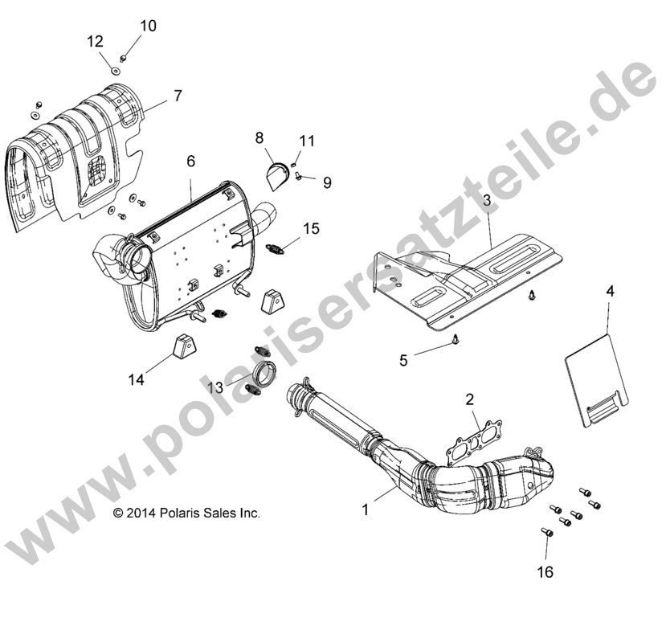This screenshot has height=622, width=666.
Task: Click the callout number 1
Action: point(366,509)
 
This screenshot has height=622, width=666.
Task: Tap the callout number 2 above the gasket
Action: point(470,399)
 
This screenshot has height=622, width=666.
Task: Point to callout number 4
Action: point(610,292)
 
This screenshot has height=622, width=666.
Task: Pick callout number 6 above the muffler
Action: point(190,162)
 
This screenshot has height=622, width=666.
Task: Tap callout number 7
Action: point(178,96)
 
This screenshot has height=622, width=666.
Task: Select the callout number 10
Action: point(148,26)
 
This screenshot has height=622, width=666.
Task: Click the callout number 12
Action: point(96,41)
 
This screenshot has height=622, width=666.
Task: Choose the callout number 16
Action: point(546,572)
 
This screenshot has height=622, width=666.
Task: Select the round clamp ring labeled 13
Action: point(266,375)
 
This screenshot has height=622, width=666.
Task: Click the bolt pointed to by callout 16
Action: point(546,531)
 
